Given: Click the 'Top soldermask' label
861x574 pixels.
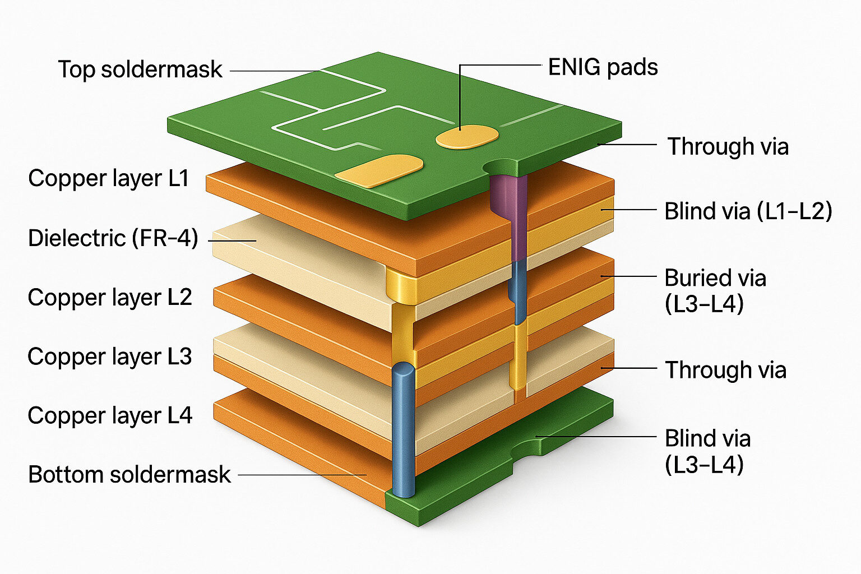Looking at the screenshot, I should pos(140,70).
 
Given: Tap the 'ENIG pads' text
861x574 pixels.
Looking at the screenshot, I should pos(603,67).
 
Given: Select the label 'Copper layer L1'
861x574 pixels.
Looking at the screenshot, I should pos(109,178).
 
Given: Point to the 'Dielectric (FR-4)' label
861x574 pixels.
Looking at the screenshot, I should pos(113,238).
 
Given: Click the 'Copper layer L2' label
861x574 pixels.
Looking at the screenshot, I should pos(110,297).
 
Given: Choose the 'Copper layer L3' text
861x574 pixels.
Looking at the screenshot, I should pos(110,357).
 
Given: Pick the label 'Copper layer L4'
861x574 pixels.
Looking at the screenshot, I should pos(110,416).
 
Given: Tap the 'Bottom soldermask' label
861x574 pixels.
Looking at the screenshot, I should pos(129,475).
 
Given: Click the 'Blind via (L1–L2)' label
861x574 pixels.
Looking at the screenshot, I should pos(748,211).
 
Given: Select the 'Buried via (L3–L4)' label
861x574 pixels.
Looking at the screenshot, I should pos(715,291).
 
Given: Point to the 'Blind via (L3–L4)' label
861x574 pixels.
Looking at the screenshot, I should pos(707,451).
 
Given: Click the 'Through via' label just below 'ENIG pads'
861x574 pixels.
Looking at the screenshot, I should pos(728,146).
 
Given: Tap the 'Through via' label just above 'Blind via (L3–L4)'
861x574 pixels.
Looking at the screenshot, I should pos(725,370).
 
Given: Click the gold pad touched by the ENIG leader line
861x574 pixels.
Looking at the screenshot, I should pos(467,137).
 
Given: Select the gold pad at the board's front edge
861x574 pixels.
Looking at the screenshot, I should pos(379,170).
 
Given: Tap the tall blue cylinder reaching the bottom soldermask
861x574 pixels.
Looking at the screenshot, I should pos(403,429).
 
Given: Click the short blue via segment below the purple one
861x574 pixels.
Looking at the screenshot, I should pos(519,289).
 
